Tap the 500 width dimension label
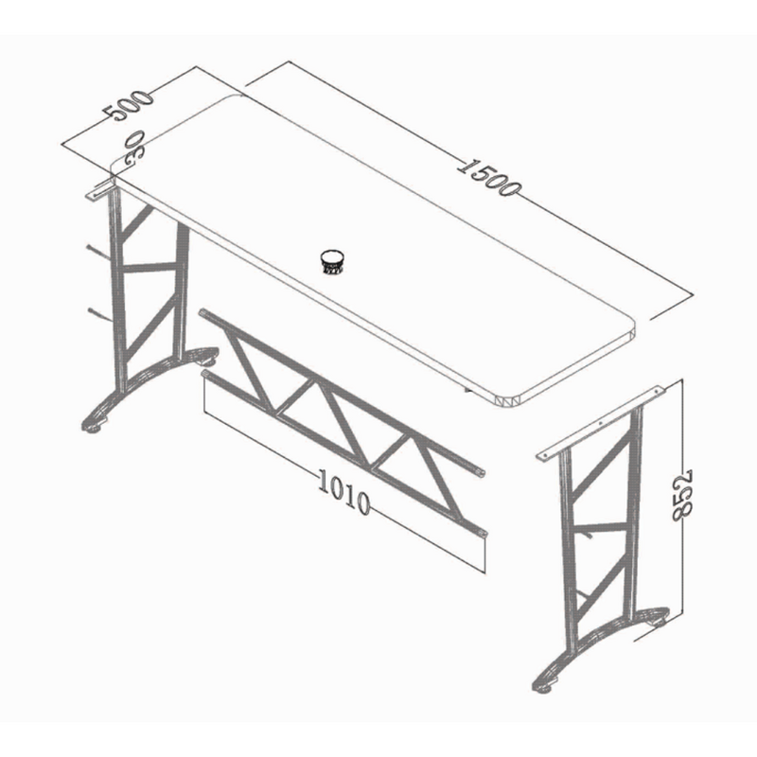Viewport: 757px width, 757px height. (x=129, y=105)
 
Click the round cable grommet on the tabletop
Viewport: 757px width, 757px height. (x=332, y=260)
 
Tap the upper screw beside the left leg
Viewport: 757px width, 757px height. (x=95, y=252)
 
